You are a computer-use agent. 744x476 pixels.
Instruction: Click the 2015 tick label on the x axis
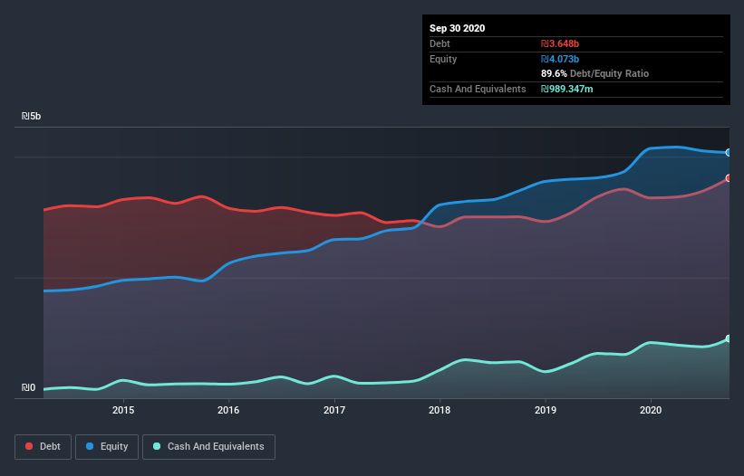[123, 409]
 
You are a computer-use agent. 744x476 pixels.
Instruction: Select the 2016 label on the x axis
[228, 409]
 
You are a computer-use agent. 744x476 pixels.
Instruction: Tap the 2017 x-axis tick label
[334, 409]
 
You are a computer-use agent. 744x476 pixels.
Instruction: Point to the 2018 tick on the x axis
[440, 409]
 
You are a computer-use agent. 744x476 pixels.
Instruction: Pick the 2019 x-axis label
[546, 409]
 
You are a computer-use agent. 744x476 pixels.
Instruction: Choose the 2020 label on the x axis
[651, 409]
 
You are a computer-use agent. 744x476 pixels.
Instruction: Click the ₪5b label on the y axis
[32, 117]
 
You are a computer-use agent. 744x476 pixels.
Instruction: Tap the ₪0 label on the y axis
[28, 388]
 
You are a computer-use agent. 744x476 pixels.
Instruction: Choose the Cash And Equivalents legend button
[208, 447]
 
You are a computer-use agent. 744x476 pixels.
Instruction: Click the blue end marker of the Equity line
[728, 153]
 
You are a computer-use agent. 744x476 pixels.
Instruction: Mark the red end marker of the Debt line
[728, 178]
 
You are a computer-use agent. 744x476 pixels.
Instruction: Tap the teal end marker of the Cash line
[728, 338]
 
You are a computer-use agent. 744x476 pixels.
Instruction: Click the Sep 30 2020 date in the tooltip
[458, 28]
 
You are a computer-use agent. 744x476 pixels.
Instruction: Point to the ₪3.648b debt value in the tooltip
[559, 43]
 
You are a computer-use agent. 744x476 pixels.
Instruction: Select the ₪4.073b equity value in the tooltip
[559, 59]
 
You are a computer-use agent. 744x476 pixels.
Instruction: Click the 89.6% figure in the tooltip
[555, 73]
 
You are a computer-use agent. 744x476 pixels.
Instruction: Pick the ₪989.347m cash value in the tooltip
[567, 89]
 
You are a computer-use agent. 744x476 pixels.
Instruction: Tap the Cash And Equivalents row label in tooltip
[478, 89]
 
